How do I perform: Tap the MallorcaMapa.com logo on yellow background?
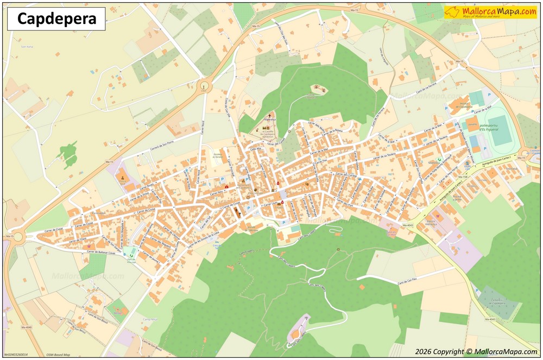point(490,12)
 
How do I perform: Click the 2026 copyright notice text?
point(476,352)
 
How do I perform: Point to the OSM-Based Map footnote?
point(58,355)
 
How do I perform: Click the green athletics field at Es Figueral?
point(500,131)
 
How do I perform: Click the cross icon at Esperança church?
point(268,115)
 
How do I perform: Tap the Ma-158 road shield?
point(463,177)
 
